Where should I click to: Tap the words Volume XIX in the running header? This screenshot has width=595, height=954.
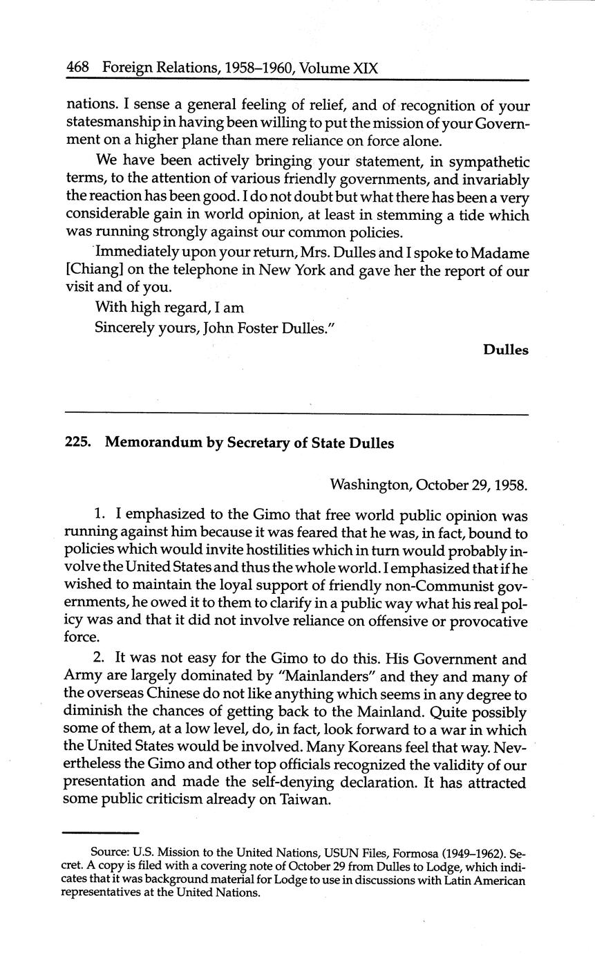[x=339, y=68]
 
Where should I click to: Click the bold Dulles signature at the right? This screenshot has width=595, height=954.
[x=506, y=350]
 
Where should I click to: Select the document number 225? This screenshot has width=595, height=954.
[x=78, y=443]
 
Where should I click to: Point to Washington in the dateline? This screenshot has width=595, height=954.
[x=370, y=485]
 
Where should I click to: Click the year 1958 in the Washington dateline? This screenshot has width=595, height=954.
[x=510, y=485]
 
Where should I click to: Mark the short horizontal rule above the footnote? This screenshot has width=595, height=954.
[x=100, y=833]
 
